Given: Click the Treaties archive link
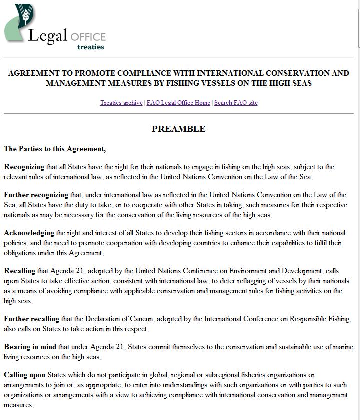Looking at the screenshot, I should pos(121,103).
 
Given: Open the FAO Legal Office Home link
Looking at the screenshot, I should pos(178,103).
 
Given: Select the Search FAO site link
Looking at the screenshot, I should pos(236,103).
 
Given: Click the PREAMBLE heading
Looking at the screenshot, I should pos(178,129).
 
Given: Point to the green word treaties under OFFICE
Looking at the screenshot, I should pos(91,47).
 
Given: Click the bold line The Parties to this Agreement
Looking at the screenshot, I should pos(55,149).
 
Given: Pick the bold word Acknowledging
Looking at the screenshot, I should pos(29,233).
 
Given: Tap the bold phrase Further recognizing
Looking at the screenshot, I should pos(35,195).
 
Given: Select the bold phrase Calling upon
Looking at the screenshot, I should pos(25,375).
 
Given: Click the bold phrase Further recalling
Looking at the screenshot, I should pos(32,319).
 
